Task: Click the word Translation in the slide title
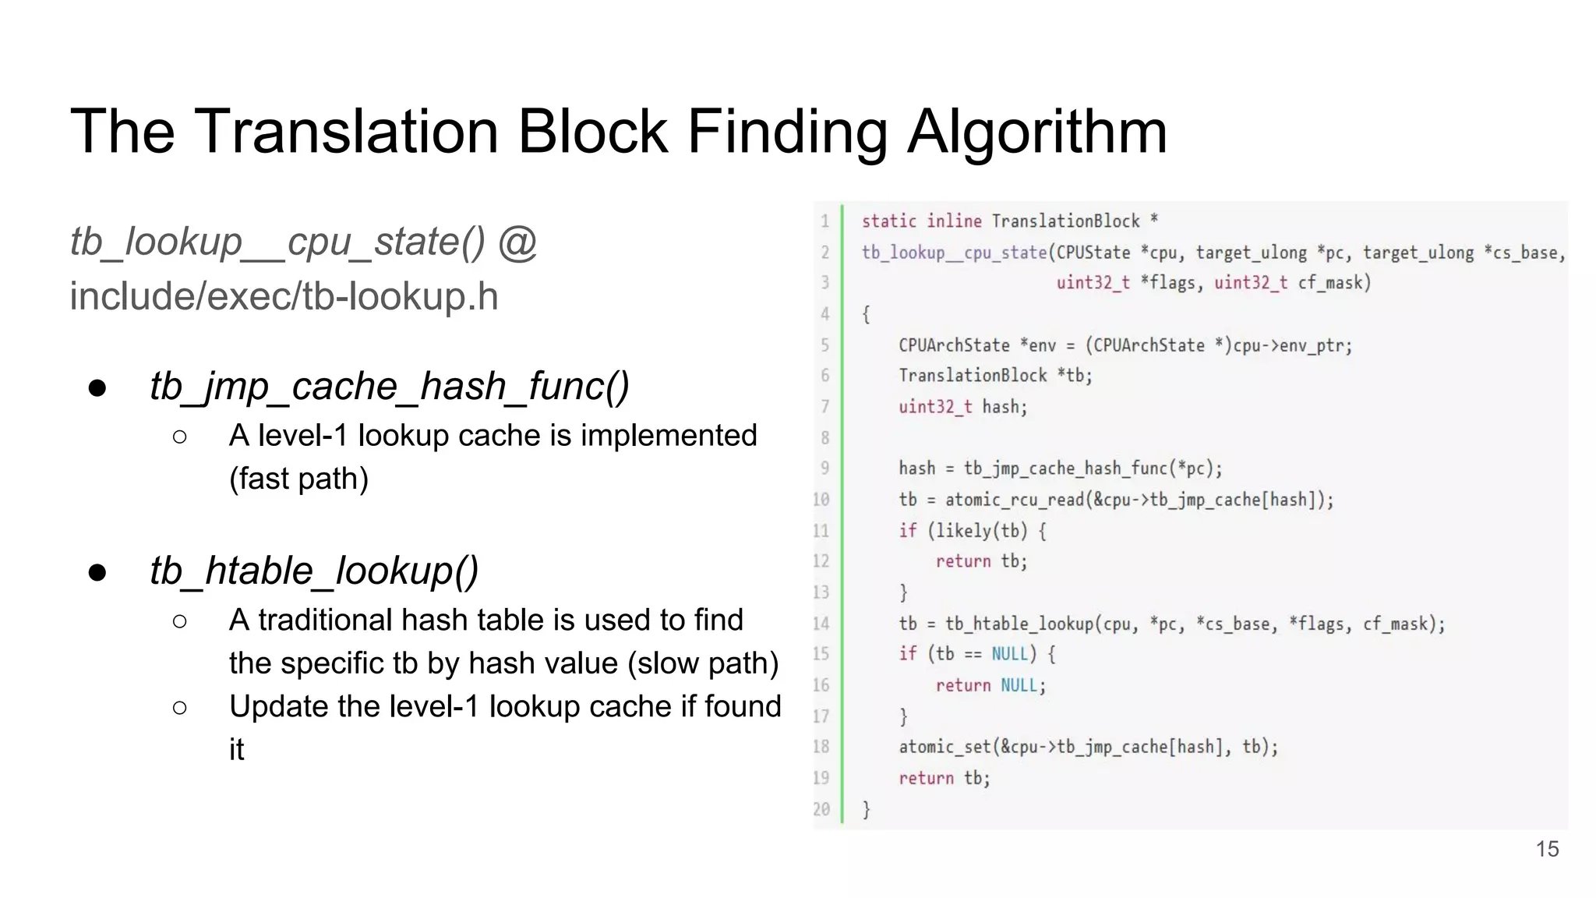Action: click(346, 131)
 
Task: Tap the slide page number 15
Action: click(1547, 849)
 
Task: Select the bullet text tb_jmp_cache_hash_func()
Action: click(390, 387)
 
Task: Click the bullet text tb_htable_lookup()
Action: click(314, 571)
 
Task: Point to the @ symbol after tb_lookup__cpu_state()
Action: click(517, 242)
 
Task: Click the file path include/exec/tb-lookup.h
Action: click(284, 297)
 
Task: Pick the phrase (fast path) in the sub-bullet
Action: click(298, 479)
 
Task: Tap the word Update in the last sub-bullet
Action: click(279, 706)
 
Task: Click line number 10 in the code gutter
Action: click(821, 500)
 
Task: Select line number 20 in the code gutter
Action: click(821, 809)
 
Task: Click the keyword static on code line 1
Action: click(888, 221)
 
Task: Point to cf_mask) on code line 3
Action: click(1334, 283)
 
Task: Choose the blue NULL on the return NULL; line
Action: click(1019, 685)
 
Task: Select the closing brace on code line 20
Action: click(866, 809)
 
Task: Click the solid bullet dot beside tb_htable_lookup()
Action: click(97, 573)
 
